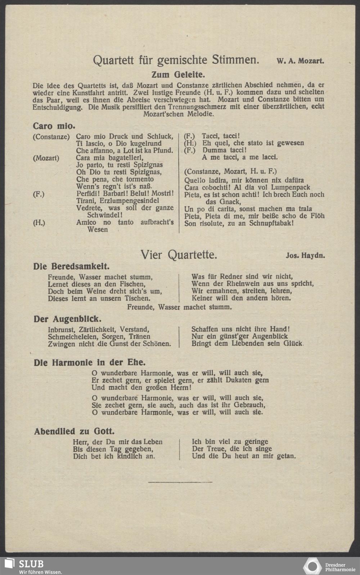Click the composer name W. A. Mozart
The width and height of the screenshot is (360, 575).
tap(300, 61)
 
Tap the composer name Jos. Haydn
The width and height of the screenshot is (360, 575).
tap(305, 256)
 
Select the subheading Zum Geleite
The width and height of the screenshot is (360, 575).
tap(177, 75)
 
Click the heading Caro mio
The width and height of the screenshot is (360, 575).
tap(54, 126)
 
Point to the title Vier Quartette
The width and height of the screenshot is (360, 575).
tap(179, 255)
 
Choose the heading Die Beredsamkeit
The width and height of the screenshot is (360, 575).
tap(72, 266)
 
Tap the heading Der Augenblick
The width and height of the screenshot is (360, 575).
tap(67, 319)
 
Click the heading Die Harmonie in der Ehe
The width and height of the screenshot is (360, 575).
tap(90, 362)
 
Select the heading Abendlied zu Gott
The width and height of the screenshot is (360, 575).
tap(74, 431)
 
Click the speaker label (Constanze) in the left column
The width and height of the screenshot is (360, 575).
tap(51, 136)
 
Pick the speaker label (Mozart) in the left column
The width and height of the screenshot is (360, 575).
tap(46, 158)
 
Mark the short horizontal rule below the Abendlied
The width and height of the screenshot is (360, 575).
tap(180, 481)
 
